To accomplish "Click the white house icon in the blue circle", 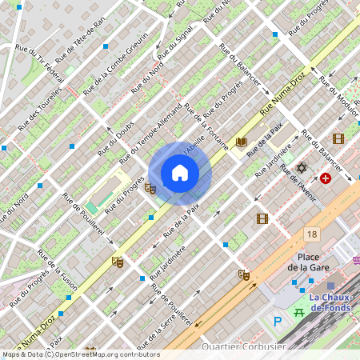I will click(179, 173).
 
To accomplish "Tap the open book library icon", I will click(242, 142).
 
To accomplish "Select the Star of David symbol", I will click(302, 168).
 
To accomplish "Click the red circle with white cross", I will click(326, 178).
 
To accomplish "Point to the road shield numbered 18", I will click(312, 234).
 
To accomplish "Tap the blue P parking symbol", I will click(278, 322).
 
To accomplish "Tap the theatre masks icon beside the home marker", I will click(150, 188).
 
